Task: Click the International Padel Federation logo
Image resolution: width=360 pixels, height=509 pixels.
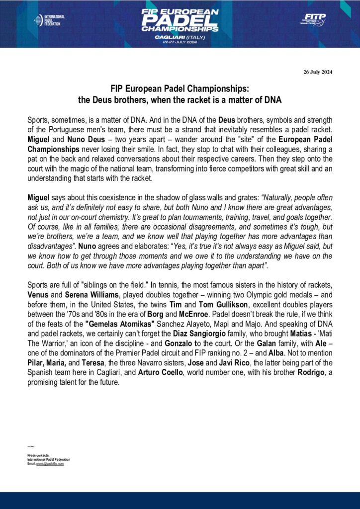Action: [49, 20]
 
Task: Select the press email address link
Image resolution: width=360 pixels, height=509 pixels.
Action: [50, 463]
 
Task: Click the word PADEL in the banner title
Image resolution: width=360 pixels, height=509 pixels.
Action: [180, 20]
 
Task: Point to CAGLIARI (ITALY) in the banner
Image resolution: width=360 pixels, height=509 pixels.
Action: [180, 36]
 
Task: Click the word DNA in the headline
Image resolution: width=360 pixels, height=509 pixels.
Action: [272, 100]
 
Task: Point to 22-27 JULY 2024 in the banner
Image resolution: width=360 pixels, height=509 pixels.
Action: [180, 42]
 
